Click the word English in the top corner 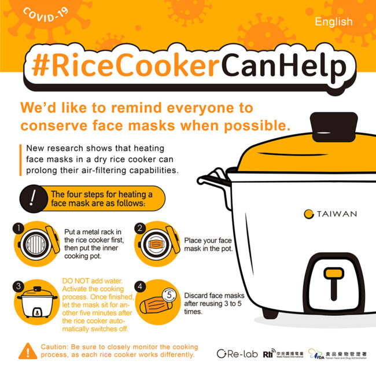[334, 22]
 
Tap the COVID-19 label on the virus [46, 14]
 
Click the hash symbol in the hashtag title [40, 65]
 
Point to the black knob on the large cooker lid [334, 127]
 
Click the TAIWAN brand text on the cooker [337, 213]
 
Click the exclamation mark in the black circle [33, 198]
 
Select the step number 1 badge [19, 228]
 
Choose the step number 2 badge [140, 228]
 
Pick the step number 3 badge [19, 286]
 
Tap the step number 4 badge [140, 286]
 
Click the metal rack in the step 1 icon [35, 245]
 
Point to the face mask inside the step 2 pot [156, 244]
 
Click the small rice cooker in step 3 [37, 302]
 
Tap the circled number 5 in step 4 [169, 294]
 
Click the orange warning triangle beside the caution [28, 351]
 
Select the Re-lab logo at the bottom [237, 353]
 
